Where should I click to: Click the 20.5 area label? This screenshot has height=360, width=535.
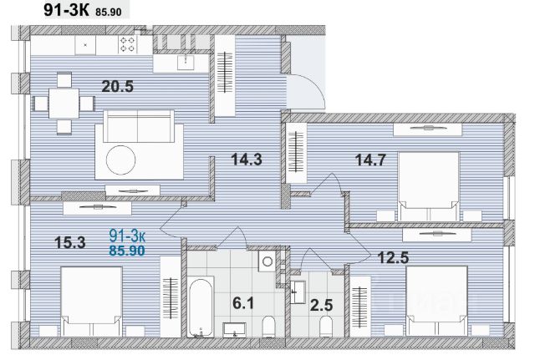tap(117, 86)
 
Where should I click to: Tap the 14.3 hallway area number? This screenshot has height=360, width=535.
tap(247, 160)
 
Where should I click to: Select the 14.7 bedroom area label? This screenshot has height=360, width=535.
tap(370, 160)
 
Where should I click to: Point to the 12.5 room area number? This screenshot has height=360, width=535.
tap(393, 258)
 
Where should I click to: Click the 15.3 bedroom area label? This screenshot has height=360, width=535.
tap(70, 243)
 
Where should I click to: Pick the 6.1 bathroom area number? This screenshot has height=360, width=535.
tap(243, 302)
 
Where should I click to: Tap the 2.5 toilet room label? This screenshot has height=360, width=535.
tap(321, 305)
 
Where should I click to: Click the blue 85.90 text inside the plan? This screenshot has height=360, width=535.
tap(127, 251)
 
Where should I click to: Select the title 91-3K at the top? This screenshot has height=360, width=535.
tap(66, 10)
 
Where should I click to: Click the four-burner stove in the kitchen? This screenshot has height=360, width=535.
tap(128, 44)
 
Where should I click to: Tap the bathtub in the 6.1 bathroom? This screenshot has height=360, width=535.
tap(201, 307)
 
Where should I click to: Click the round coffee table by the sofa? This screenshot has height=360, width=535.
tap(120, 160)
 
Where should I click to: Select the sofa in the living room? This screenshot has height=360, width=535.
tap(139, 126)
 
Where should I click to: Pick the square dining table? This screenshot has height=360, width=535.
tap(64, 104)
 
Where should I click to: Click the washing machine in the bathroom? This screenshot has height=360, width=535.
tap(267, 261)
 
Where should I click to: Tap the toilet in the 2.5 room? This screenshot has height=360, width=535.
tap(326, 327)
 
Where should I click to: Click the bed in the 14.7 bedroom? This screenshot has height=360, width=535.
tap(429, 186)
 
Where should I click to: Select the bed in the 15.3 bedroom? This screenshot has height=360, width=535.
tap(91, 302)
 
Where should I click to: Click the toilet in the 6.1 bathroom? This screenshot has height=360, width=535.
tap(269, 327)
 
